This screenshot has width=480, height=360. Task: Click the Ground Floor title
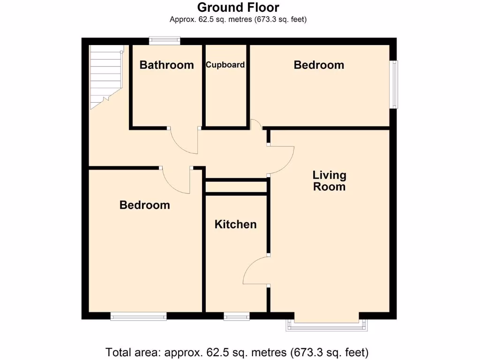238,7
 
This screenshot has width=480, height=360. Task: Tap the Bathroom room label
166,65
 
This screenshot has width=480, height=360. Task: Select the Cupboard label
225,65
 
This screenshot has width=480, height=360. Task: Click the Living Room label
330,181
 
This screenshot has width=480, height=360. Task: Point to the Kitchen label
235,225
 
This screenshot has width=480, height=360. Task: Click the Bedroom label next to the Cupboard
319,65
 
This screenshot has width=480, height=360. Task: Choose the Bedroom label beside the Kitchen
144,205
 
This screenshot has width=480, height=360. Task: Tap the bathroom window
165,41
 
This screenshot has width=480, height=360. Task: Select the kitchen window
237,317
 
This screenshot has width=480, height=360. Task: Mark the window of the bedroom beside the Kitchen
139,317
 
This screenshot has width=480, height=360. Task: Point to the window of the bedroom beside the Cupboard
395,84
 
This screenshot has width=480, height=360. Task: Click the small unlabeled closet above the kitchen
236,187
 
